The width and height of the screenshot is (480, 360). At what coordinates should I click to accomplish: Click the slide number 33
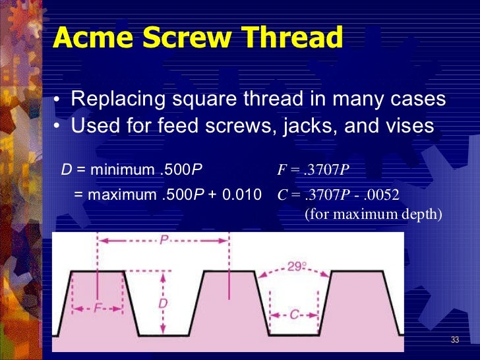[454, 340]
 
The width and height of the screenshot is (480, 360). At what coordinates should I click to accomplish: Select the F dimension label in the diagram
[97, 309]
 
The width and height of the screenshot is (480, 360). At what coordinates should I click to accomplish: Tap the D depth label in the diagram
[163, 303]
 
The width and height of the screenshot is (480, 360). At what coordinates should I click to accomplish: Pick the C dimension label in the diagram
[295, 315]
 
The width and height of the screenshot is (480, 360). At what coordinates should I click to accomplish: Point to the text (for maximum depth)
[373, 214]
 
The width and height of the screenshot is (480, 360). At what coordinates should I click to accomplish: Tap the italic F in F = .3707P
[280, 171]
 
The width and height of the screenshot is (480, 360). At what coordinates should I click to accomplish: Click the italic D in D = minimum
[66, 171]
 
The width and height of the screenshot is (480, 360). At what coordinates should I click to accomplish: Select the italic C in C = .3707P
[281, 195]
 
